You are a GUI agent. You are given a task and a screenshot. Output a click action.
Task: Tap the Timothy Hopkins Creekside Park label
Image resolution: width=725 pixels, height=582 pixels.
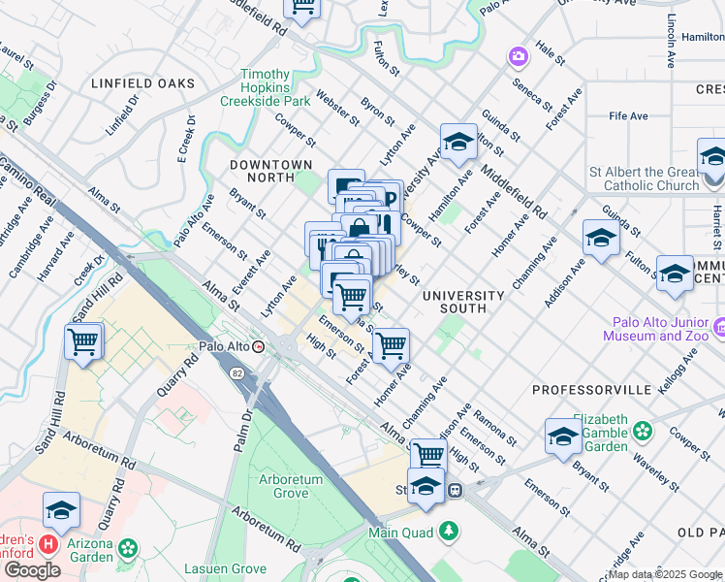tap(265, 87)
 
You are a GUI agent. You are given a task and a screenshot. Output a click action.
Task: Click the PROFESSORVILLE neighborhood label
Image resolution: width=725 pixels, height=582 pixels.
tap(591, 389)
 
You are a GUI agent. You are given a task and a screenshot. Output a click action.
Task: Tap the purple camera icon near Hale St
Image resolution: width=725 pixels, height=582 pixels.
tap(519, 56)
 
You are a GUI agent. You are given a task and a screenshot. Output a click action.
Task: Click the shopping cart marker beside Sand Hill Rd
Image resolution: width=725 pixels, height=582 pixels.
tap(83, 341)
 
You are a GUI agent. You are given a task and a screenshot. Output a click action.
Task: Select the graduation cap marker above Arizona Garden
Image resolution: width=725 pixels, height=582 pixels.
tap(61, 510)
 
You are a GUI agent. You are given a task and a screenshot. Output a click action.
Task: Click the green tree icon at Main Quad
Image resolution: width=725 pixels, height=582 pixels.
tap(448, 531)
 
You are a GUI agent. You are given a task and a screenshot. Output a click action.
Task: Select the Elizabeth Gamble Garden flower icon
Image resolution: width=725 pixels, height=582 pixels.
tap(642, 429)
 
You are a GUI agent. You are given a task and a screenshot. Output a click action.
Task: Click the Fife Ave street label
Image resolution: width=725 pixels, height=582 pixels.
tap(628, 116)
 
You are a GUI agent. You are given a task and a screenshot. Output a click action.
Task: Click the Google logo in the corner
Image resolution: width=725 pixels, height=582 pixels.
tap(31, 570)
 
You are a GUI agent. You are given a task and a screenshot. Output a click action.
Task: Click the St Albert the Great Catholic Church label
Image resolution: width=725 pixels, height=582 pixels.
tap(644, 178)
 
